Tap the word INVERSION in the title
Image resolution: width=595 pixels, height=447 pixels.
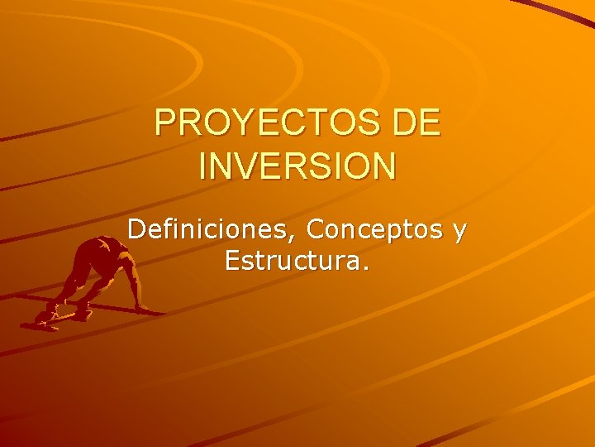[297, 165]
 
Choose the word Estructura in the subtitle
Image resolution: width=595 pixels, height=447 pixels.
[292, 262]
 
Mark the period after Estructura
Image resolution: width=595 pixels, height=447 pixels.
[366, 270]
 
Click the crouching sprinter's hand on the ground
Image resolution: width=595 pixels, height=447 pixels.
[142, 307]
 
